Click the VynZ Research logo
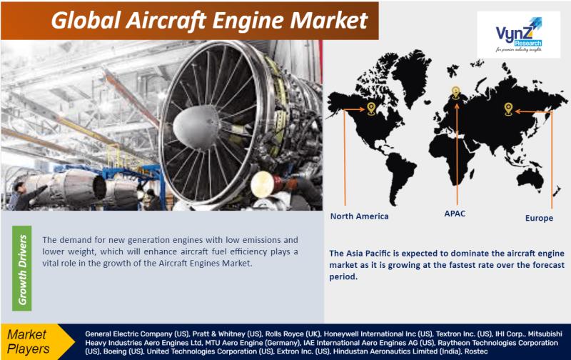pos(518,34)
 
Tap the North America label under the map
pos(359,216)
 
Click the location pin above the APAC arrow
pos(455,92)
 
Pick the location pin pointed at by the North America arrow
pos(371,109)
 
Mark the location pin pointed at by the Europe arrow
pos(508,109)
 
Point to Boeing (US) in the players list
pos(123,351)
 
